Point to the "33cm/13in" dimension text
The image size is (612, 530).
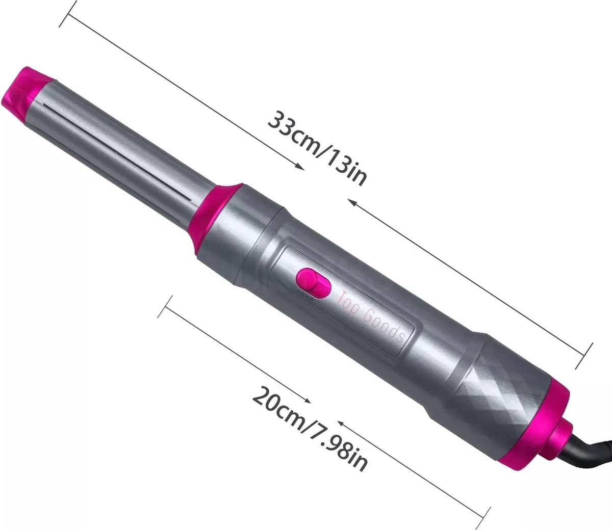pyautogui.click(x=317, y=148)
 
